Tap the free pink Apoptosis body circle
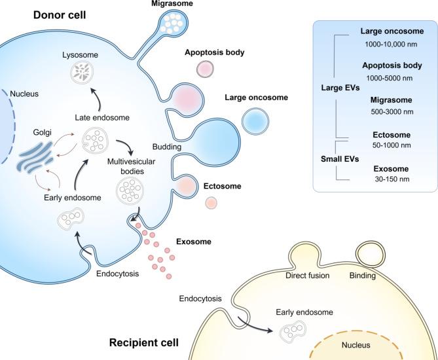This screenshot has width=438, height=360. (x=206, y=68)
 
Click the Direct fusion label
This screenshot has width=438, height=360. (x=307, y=276)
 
